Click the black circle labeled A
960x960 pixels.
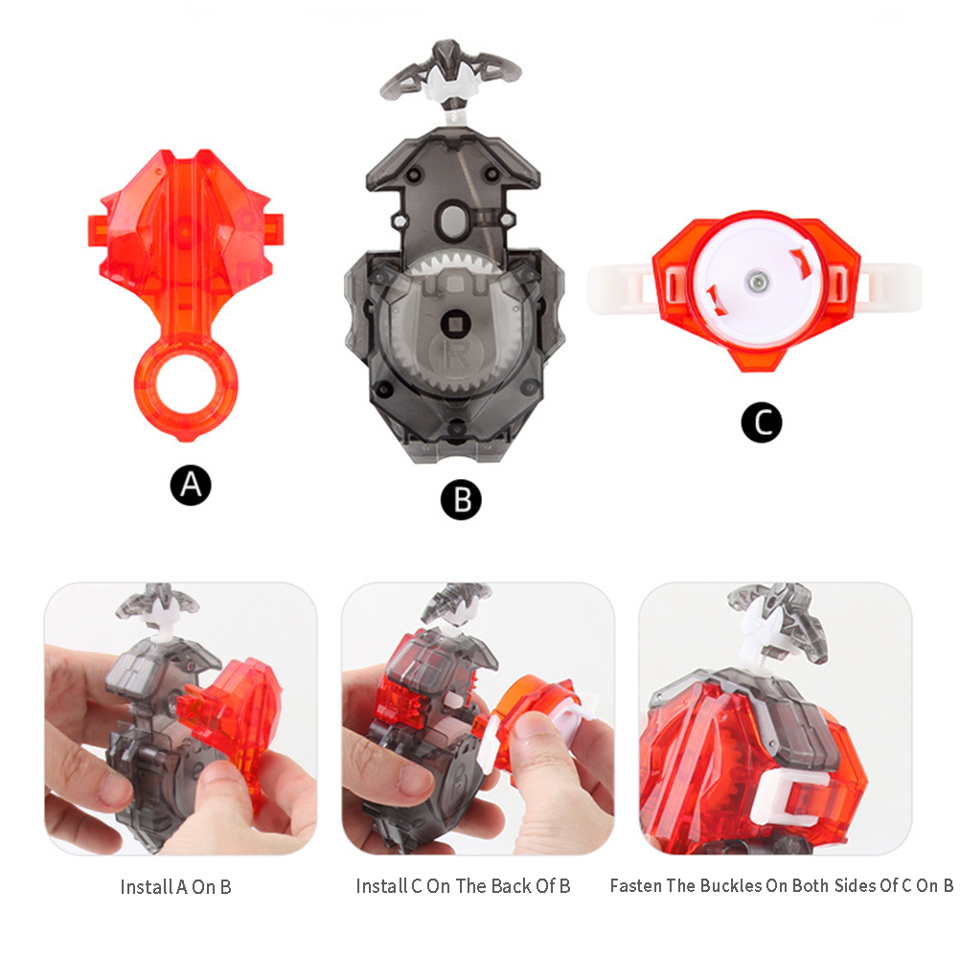click(191, 486)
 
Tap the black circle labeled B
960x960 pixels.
click(461, 499)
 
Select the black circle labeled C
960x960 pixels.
click(762, 422)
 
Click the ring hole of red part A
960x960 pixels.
click(186, 385)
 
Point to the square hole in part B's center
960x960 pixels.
click(455, 321)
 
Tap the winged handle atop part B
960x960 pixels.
click(451, 74)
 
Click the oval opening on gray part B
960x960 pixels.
click(453, 217)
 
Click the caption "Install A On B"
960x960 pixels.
click(175, 886)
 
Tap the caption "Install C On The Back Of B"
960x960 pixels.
click(463, 885)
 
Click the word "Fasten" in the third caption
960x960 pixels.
click(635, 885)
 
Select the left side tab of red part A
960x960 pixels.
click(97, 230)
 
